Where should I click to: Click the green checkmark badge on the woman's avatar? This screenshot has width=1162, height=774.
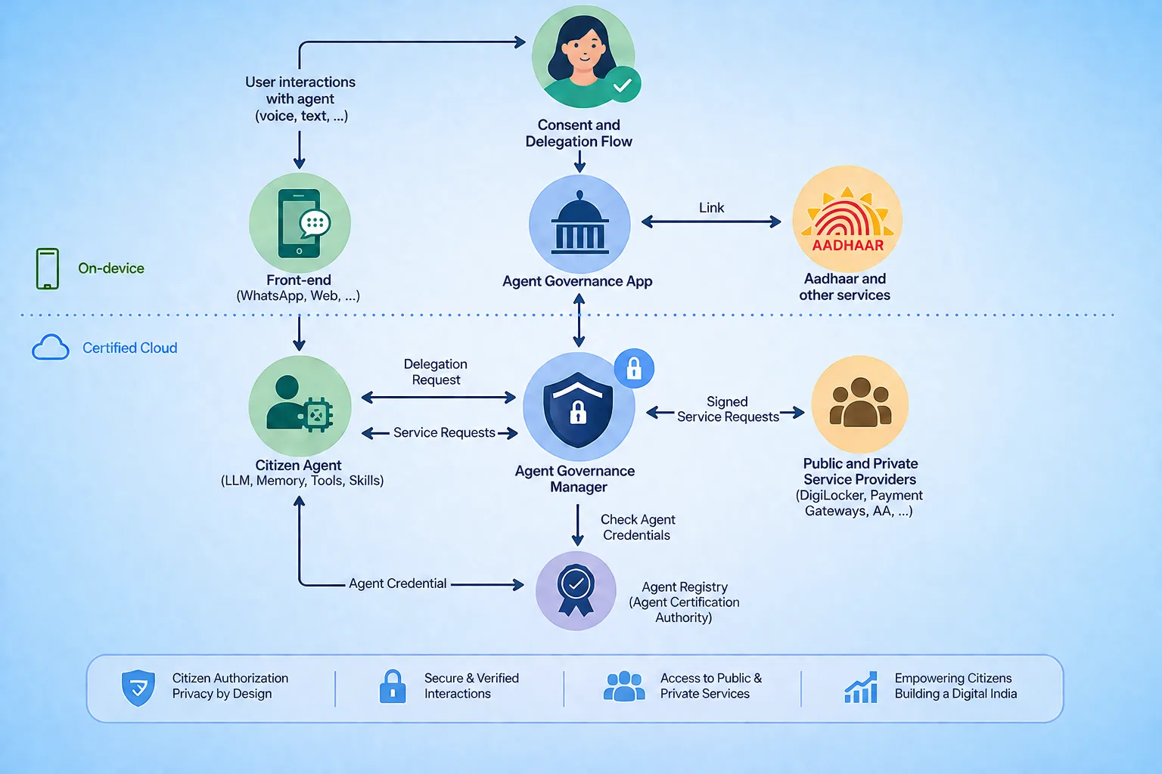point(623,85)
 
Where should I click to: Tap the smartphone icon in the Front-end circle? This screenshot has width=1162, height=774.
point(299,224)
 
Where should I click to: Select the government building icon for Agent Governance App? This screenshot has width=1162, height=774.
point(579,224)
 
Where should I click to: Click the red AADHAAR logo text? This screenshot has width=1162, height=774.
point(847,245)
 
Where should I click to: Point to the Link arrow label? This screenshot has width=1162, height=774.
point(711,208)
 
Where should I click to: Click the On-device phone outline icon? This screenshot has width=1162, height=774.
point(47,268)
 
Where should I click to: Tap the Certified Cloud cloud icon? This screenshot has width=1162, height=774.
point(51,347)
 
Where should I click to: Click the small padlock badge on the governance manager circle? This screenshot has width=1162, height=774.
point(634,369)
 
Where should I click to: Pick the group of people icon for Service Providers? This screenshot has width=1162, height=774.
point(860,402)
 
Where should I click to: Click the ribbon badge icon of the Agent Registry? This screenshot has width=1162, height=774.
point(575,590)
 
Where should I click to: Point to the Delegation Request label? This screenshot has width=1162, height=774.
point(436,372)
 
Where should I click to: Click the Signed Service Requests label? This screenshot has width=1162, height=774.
point(728,409)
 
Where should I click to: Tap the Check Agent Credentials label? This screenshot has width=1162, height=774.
point(638,528)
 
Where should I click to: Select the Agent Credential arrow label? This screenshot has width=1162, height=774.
point(397,584)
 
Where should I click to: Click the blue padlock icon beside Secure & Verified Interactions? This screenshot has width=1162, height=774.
point(393,686)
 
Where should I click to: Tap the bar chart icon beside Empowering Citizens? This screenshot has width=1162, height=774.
point(861,687)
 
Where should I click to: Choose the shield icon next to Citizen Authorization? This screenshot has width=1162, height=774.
point(138,687)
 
